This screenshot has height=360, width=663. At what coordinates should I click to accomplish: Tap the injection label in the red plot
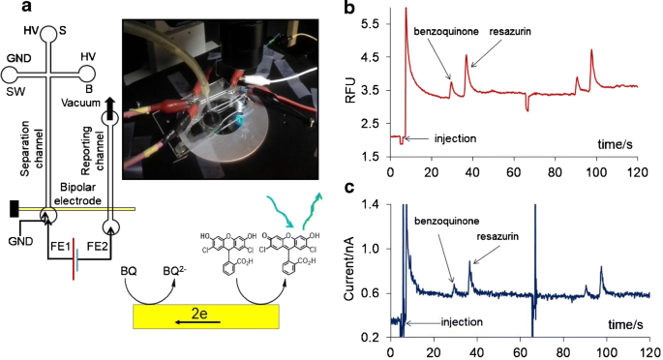435,139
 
